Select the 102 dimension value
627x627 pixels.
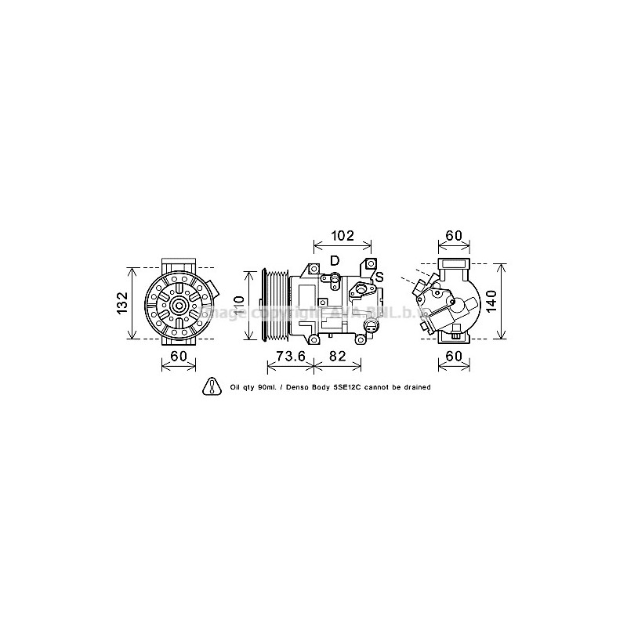point(342,236)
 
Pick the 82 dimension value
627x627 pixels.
point(338,357)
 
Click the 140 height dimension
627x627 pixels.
point(491,300)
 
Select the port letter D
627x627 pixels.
point(335,260)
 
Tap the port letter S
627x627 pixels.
point(379,277)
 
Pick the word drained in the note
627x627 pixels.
point(415,387)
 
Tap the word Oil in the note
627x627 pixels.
point(236,387)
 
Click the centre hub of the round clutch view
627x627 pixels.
point(179,306)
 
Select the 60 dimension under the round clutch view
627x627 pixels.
point(179,357)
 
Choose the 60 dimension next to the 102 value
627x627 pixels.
point(455,236)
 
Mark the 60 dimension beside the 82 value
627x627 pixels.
point(455,357)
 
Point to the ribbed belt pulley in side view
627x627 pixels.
point(277,306)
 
